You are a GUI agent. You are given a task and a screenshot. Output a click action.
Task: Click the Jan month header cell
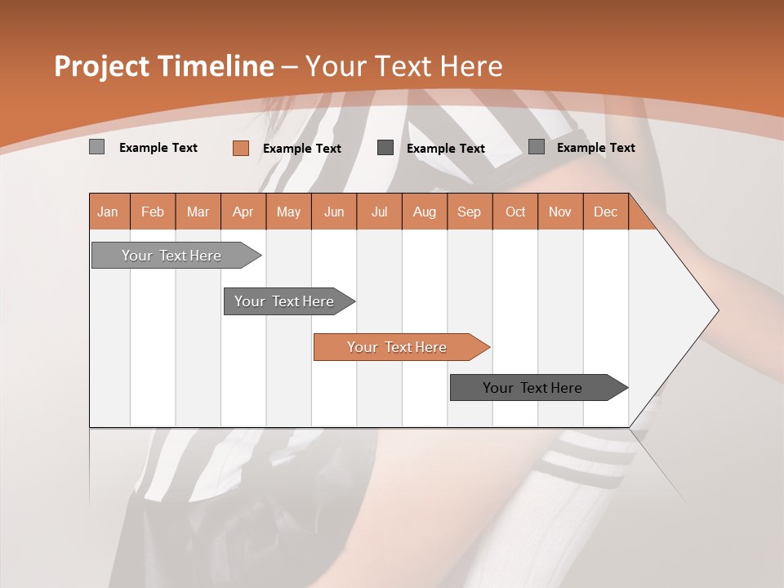109,212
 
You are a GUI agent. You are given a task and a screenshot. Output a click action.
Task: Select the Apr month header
243,212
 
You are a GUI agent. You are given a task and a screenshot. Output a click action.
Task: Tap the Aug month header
424,212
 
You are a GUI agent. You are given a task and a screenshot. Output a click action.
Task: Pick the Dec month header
605,212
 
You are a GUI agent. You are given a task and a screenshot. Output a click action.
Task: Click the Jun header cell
333,212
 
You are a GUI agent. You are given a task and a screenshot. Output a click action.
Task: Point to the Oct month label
514,212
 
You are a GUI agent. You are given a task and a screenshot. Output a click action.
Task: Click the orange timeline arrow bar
397,347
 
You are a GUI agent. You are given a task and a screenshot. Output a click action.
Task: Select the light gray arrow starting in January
171,256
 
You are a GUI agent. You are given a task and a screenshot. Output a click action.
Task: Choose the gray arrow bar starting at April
284,301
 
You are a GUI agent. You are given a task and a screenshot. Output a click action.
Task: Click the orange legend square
240,148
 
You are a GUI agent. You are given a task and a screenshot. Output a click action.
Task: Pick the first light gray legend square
96,147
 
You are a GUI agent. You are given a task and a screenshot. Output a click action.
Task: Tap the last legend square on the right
536,147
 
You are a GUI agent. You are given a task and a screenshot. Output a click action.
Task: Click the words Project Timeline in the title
163,66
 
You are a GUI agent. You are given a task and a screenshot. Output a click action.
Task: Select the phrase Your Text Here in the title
403,66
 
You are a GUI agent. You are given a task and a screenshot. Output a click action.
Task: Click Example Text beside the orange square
301,149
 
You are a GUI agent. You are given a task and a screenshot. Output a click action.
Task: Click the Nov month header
559,212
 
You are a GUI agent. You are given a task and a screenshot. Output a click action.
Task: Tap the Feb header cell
153,212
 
